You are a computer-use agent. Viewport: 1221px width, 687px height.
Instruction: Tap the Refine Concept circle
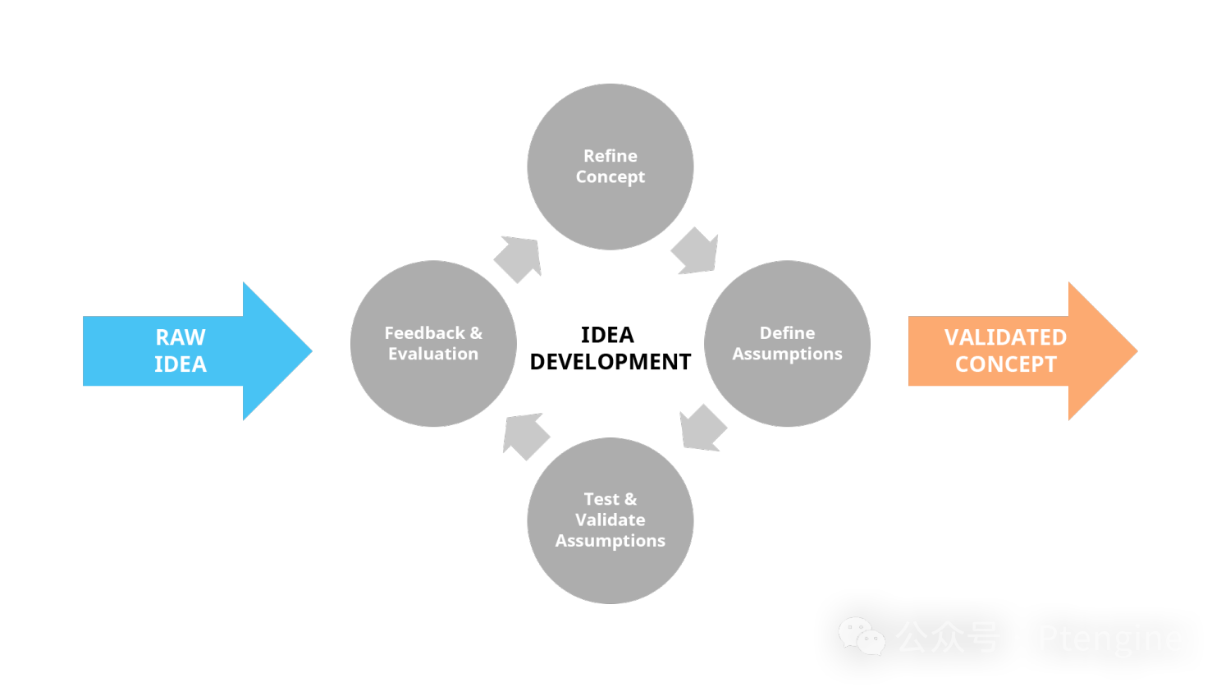tap(610, 205)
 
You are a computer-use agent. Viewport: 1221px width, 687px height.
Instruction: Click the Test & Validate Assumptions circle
tap(610, 566)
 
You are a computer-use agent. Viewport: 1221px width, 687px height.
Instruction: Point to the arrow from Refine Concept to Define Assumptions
tap(696, 252)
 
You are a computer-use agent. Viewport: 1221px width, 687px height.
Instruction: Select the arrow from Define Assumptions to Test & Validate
tap(702, 428)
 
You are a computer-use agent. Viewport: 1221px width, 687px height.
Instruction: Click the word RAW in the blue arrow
tap(181, 337)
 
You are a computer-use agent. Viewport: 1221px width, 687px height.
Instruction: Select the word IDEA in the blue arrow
tap(181, 364)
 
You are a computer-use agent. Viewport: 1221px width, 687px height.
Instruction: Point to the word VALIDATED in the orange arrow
tap(1005, 337)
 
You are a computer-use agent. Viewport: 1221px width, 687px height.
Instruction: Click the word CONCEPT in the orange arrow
tap(1005, 364)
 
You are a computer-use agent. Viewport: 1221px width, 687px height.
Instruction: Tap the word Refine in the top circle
tap(610, 156)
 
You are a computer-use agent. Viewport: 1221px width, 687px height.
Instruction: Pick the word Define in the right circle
tap(787, 332)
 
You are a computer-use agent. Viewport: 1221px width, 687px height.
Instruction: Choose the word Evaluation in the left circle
tap(433, 354)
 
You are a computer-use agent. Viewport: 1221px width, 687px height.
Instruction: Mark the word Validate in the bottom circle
tap(610, 520)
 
